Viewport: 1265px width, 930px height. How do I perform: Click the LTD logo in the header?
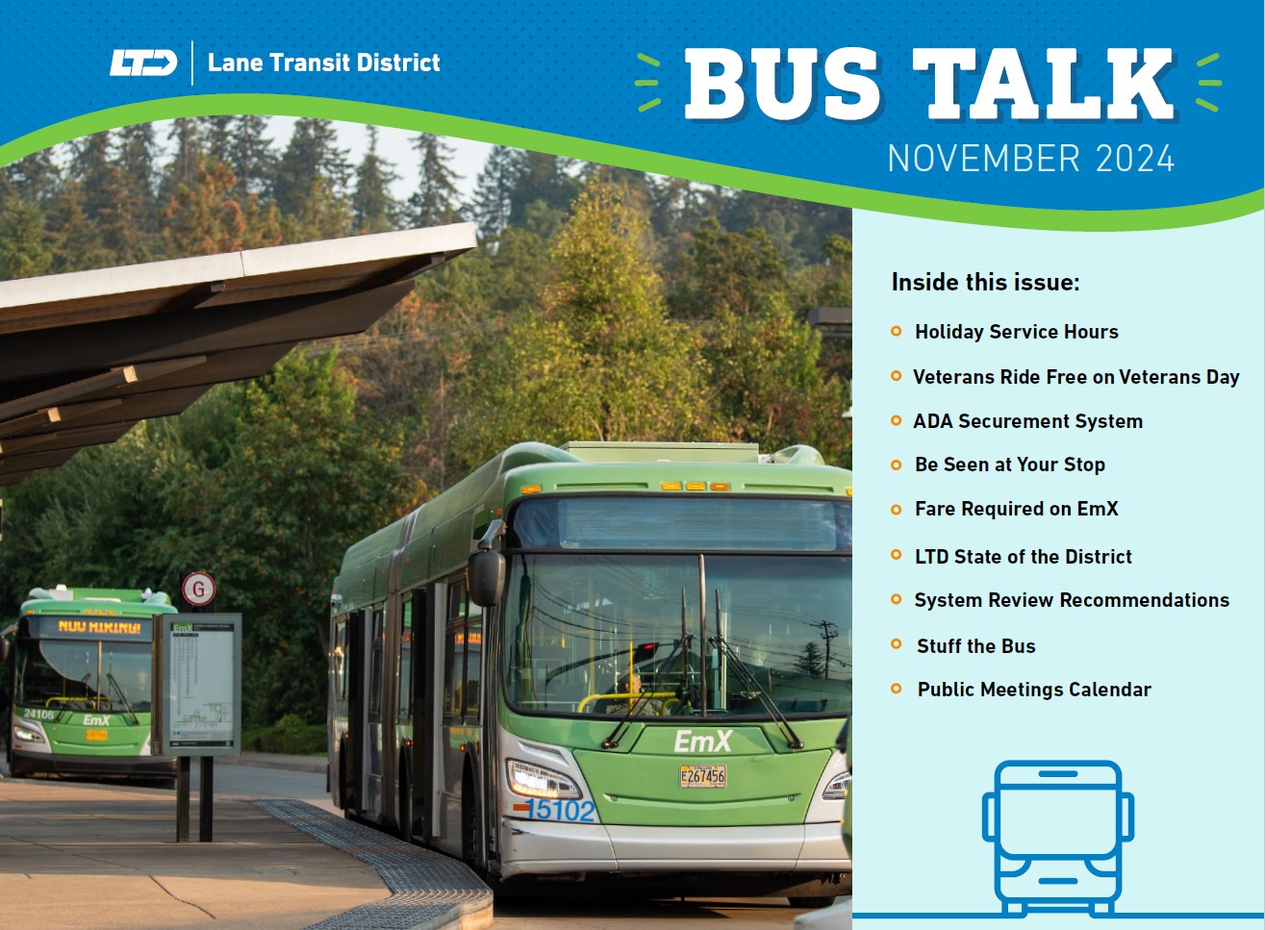tap(143, 63)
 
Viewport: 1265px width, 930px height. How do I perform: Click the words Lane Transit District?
tap(323, 63)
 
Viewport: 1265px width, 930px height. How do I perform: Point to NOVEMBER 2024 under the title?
tap(1030, 159)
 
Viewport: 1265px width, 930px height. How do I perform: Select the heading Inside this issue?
tap(985, 282)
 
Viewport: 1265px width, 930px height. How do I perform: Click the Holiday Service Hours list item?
tap(1016, 332)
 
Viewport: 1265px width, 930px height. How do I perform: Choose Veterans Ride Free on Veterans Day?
tap(1075, 377)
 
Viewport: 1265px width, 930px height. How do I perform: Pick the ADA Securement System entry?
tap(1027, 421)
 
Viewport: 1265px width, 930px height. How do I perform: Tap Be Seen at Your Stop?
tap(1009, 465)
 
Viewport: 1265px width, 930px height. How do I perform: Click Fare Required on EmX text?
tap(1016, 509)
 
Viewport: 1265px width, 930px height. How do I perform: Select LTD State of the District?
tap(1023, 557)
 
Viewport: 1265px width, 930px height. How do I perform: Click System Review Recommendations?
tap(1071, 600)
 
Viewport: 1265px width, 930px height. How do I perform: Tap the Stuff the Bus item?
tap(975, 646)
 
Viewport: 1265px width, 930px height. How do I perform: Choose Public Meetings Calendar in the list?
tap(1033, 690)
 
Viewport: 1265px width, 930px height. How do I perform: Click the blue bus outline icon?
tap(1057, 837)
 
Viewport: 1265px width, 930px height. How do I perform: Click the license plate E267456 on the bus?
tap(702, 776)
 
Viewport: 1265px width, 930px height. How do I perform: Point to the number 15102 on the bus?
tap(562, 811)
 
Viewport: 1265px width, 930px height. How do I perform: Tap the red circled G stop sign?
tap(198, 589)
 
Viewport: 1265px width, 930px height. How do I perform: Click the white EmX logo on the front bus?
tap(702, 741)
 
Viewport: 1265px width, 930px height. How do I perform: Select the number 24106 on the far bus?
tap(39, 715)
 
